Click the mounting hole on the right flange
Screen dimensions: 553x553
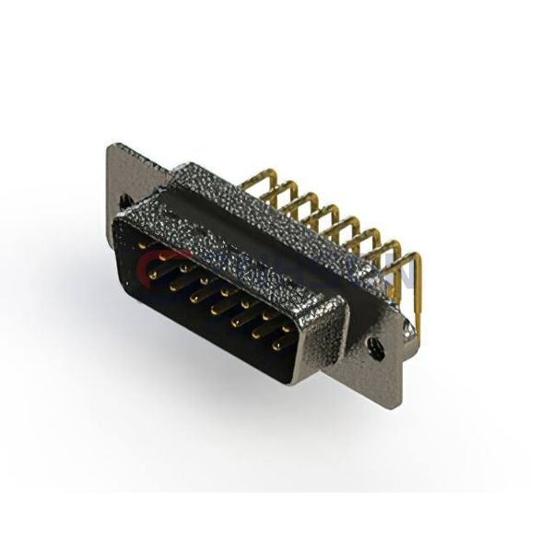[375, 347]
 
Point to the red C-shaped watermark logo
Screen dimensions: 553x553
[152, 265]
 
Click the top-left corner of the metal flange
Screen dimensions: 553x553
[111, 146]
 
